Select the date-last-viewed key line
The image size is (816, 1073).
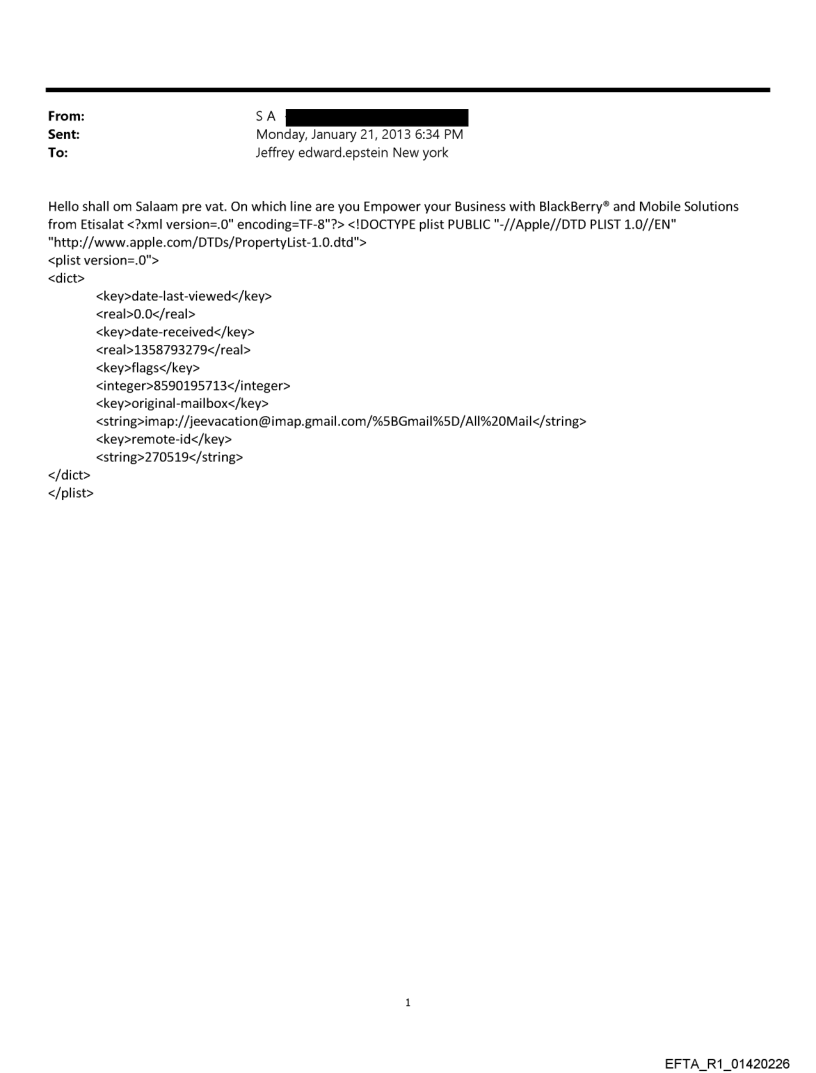coord(184,296)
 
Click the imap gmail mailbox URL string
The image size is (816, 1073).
coord(341,421)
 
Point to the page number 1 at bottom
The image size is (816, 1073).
coord(408,1001)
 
